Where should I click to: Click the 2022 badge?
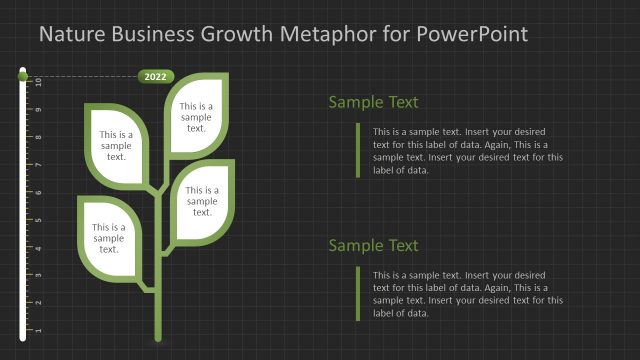point(156,76)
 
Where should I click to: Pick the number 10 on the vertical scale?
point(39,81)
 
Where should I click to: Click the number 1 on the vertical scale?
point(39,330)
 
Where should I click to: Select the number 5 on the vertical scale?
point(39,220)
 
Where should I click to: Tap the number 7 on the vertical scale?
point(39,164)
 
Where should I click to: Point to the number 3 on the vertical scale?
point(39,275)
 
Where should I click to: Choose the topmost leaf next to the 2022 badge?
point(196,116)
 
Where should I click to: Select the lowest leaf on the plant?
point(110,237)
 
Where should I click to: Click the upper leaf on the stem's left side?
point(116,144)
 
